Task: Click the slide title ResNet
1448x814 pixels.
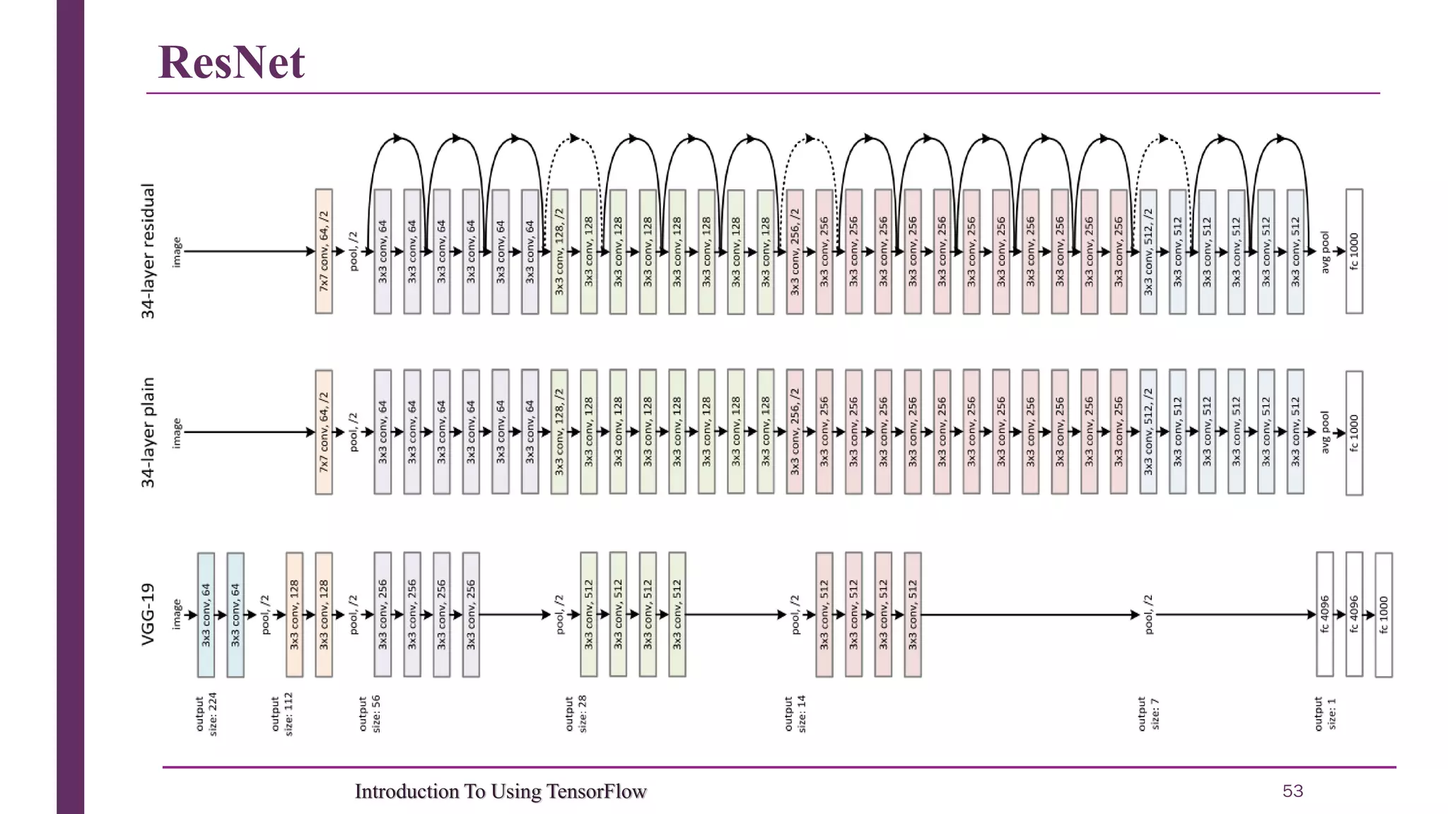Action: (231, 62)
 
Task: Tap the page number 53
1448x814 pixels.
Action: (1292, 791)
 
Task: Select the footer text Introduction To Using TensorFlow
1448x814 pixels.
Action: (501, 791)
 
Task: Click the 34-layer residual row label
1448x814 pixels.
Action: (148, 252)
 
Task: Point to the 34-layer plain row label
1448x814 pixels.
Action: (148, 432)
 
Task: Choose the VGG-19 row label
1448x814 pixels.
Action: (148, 614)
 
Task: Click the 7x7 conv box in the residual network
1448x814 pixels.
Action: (324, 251)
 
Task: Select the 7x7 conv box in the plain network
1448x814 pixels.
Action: (324, 432)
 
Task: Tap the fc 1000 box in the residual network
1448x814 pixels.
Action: (1354, 251)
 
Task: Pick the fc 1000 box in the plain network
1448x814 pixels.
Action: (1354, 432)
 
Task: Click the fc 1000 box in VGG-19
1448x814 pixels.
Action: (1384, 615)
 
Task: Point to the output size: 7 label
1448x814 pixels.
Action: (1148, 714)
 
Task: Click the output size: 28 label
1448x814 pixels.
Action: (576, 714)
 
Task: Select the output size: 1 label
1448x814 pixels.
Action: (1325, 714)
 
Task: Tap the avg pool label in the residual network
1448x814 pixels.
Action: (1325, 252)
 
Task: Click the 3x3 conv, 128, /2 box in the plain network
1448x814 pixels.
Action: (559, 432)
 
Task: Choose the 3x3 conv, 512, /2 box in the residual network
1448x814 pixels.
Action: (1148, 251)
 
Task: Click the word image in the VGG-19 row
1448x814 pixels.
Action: (177, 614)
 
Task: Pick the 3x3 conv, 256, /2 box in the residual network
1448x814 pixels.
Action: (795, 251)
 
